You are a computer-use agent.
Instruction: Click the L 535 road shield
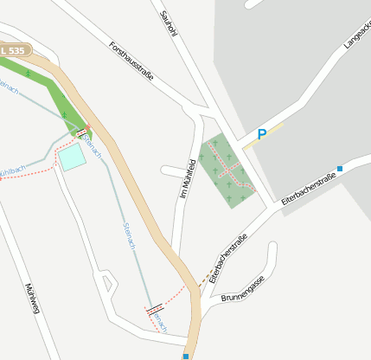(14, 51)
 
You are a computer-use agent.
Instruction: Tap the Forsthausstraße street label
(132, 61)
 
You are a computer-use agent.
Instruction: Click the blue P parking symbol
(261, 135)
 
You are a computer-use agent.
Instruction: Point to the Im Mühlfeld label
(188, 180)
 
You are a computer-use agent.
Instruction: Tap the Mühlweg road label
(33, 299)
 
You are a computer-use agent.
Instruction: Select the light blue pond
(72, 157)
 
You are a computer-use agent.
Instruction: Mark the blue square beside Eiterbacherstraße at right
(340, 168)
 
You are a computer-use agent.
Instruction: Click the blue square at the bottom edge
(185, 355)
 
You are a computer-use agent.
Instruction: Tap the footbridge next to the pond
(83, 133)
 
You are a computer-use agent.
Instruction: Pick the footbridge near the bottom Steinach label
(154, 309)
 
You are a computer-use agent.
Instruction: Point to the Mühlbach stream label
(10, 170)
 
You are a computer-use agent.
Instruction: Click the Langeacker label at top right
(356, 35)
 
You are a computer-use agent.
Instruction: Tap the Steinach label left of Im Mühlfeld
(127, 235)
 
